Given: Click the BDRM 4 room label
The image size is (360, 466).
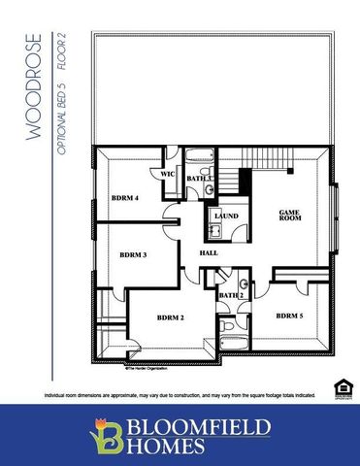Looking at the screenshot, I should point(126,197).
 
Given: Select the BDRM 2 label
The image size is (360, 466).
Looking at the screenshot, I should point(170,317).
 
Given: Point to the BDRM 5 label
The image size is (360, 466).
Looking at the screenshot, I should point(289,316).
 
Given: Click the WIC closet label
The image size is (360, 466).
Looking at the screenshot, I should point(167,175).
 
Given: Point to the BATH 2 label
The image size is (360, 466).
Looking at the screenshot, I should point(231,295).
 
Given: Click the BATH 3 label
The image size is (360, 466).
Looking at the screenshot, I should point(199,179).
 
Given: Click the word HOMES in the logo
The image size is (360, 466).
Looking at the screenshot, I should point(170,447).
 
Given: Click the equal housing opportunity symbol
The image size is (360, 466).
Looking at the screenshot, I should point(340,388).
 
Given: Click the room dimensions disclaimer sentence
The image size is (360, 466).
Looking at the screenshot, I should point(180,396).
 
